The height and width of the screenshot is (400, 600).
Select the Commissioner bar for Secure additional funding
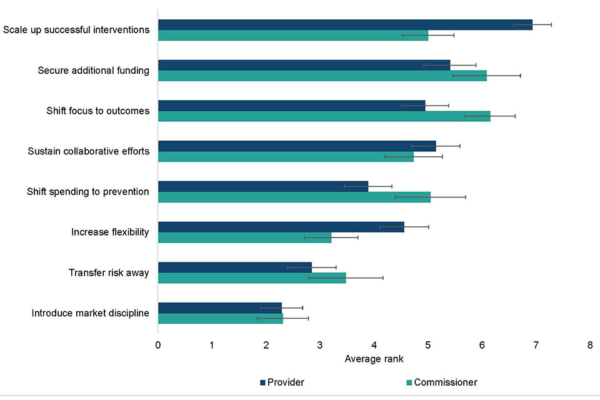(x=322, y=76)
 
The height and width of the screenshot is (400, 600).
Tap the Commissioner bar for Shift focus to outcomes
(x=324, y=116)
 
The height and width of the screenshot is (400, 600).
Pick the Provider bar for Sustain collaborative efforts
(x=297, y=146)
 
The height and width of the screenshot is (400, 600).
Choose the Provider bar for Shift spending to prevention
(x=263, y=186)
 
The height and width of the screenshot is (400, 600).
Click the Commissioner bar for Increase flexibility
(x=244, y=237)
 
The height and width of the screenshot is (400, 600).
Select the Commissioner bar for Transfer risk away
(x=252, y=278)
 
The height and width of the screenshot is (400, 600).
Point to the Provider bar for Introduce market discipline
(x=220, y=307)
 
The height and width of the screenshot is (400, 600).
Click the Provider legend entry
(x=281, y=382)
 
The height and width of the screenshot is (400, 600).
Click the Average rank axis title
(x=374, y=359)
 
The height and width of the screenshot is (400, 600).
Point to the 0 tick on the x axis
(x=158, y=344)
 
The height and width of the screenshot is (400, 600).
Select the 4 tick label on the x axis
(x=374, y=344)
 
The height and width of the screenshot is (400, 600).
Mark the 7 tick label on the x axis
(x=536, y=344)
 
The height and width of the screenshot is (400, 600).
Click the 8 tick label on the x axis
(x=589, y=344)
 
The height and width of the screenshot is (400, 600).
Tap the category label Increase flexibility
(x=110, y=232)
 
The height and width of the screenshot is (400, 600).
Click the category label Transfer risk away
(x=108, y=272)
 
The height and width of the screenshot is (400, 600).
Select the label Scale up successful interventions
(x=76, y=29)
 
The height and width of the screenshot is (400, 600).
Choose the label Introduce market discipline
(x=90, y=313)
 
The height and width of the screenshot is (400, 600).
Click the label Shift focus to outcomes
(x=98, y=111)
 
